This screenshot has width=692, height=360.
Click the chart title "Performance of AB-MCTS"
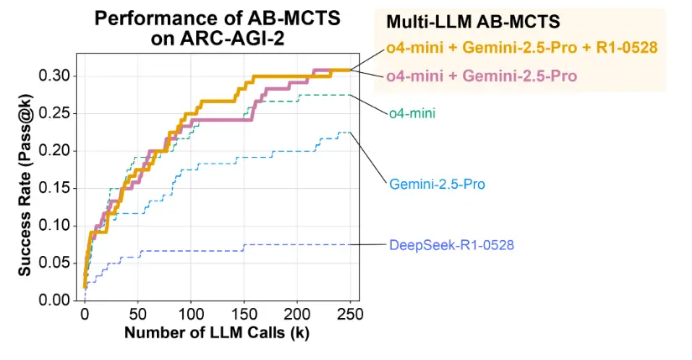tap(216, 18)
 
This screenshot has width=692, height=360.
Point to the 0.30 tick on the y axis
tap(55, 76)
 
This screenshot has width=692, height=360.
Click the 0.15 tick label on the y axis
tap(55, 188)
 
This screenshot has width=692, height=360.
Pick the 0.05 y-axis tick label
tap(55, 263)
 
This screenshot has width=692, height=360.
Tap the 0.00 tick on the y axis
tap(55, 300)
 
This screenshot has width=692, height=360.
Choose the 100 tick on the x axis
tap(191, 314)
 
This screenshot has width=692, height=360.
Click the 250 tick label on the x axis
tap(351, 314)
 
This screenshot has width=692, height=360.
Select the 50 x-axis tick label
tap(138, 314)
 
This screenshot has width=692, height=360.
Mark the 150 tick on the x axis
tap(244, 314)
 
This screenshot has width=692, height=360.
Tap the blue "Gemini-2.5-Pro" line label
tap(437, 183)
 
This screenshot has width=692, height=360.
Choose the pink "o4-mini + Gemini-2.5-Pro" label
tap(482, 76)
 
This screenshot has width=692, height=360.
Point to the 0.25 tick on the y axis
tap(55, 113)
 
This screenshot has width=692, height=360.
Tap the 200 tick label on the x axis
tap(298, 314)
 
